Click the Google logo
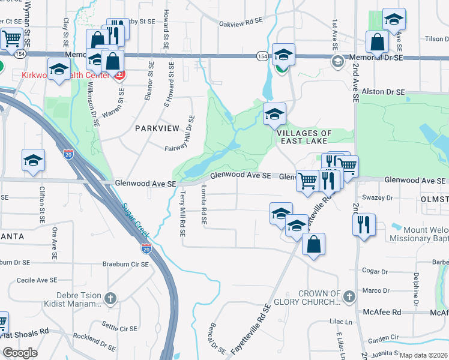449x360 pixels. [19, 353]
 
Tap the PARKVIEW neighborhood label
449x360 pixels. [157, 128]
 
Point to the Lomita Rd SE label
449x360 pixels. [204, 204]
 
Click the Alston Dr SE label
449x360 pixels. [384, 92]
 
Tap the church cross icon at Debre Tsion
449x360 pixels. [110, 298]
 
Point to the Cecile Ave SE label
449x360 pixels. [37, 280]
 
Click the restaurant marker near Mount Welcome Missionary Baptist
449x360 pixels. [364, 225]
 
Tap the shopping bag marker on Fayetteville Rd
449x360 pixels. [313, 244]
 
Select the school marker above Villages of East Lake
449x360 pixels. [274, 113]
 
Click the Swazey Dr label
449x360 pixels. [377, 197]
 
